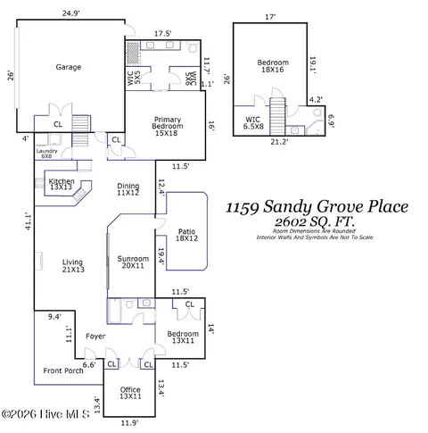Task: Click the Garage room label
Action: [69, 67]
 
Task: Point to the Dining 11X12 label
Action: [128, 190]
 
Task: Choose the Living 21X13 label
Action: [72, 266]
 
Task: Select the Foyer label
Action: [95, 336]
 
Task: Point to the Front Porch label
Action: [62, 370]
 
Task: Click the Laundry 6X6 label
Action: [47, 154]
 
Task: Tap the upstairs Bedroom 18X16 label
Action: [273, 66]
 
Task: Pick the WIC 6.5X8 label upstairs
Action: [253, 122]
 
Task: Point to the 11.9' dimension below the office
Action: [131, 423]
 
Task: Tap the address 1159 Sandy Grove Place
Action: [317, 207]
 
